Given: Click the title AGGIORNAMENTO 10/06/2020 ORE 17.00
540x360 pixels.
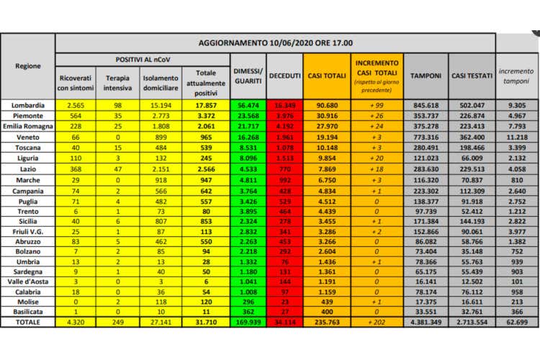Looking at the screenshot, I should tap(275, 43).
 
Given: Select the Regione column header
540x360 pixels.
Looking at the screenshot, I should tap(27, 66).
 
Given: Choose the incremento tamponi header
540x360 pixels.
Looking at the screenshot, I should tap(516, 76).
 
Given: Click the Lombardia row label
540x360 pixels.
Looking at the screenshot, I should tap(27, 104).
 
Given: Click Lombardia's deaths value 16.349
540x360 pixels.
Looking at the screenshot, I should tap(284, 104).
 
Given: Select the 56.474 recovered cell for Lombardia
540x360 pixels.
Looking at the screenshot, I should tap(248, 104).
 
